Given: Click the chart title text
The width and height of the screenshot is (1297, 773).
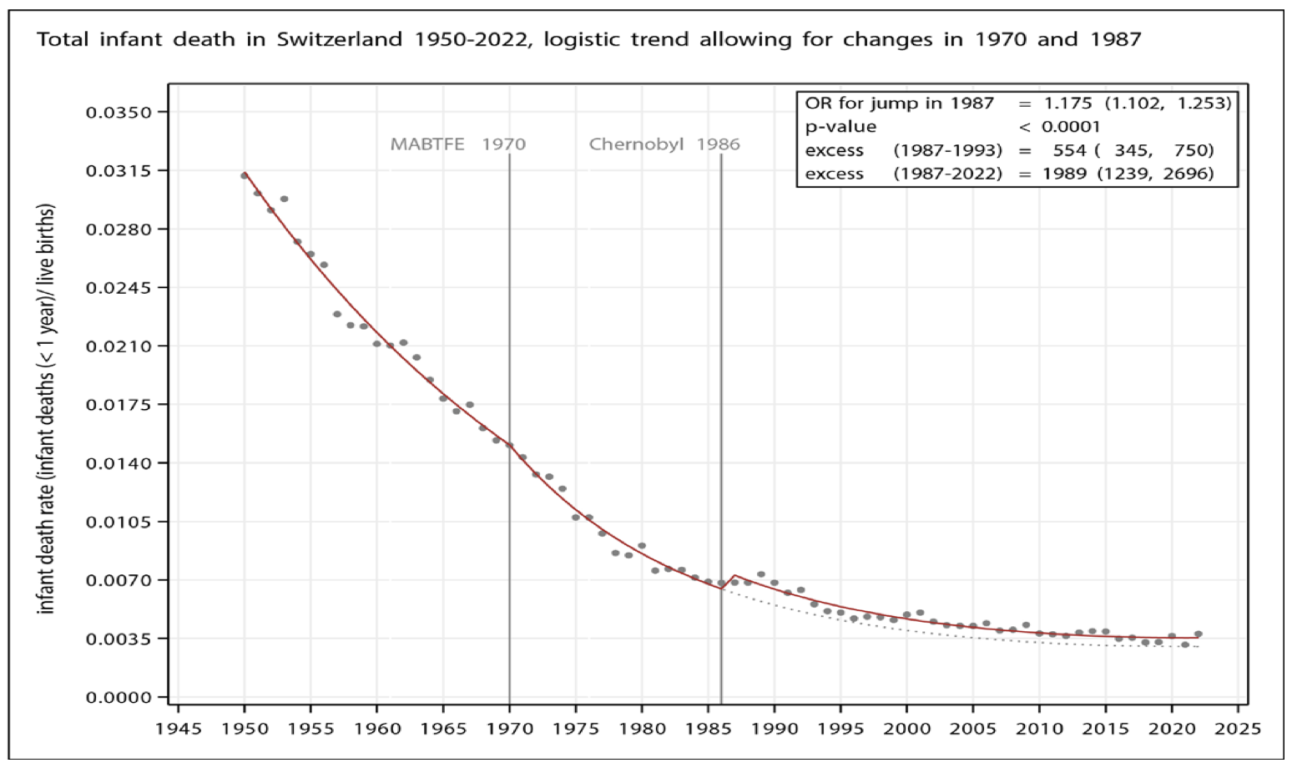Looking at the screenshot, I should tap(588, 39).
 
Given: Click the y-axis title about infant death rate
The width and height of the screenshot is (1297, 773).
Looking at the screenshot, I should tap(47, 409).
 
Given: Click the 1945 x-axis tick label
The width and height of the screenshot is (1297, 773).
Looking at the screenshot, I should tap(179, 729).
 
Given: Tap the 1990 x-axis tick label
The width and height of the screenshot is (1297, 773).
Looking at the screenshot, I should tap(775, 729).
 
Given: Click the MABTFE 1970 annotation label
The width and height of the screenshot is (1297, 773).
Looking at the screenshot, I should tap(458, 144).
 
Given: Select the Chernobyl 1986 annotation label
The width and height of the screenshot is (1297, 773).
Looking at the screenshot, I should tap(664, 144).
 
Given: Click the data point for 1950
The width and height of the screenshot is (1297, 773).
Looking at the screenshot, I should tap(245, 175).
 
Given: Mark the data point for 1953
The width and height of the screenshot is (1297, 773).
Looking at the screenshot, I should tap(284, 199).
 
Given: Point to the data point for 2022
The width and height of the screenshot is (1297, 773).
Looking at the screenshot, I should tap(1199, 634).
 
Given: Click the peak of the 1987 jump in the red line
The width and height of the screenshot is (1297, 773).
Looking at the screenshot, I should tap(734, 575).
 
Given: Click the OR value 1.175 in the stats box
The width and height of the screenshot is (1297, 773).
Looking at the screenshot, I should tap(1067, 104).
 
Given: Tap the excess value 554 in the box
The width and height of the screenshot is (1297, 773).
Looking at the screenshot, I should tap(1069, 150).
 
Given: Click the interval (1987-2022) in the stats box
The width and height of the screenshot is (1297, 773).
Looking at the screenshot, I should tap(947, 174).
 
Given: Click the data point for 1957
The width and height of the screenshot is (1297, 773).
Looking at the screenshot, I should tap(337, 314).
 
